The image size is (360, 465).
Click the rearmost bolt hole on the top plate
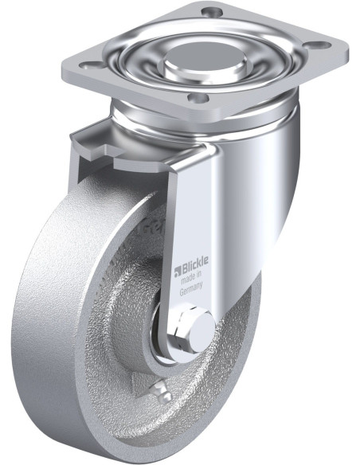(x=210, y=12)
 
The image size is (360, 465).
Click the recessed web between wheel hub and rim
(x=119, y=334)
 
